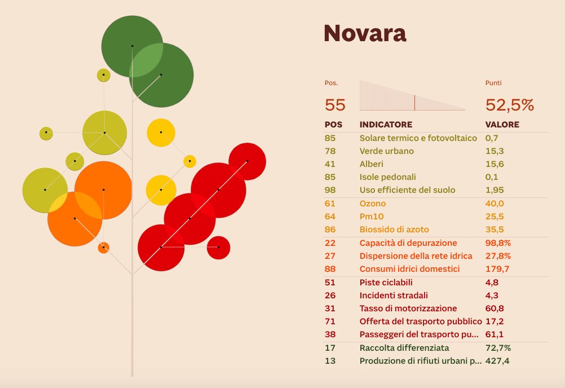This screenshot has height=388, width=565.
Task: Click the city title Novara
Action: pyautogui.click(x=365, y=33)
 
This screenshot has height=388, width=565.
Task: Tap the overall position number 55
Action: pyautogui.click(x=335, y=105)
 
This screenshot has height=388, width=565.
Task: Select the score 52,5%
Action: pyautogui.click(x=510, y=105)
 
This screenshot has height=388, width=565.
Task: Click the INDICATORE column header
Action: pyautogui.click(x=386, y=125)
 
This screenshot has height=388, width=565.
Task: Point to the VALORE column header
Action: pyautogui.click(x=502, y=125)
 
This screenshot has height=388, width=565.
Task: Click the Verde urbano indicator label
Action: pyautogui.click(x=387, y=151)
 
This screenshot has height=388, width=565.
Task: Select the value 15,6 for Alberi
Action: pyautogui.click(x=495, y=164)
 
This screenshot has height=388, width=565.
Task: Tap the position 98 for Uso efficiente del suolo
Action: pyautogui.click(x=330, y=190)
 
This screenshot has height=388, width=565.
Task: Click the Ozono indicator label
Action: pyautogui.click(x=373, y=204)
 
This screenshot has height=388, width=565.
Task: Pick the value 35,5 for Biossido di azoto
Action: pyautogui.click(x=495, y=230)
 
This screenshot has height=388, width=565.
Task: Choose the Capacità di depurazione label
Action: pyautogui.click(x=408, y=243)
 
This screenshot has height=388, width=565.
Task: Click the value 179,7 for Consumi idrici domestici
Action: pyautogui.click(x=497, y=269)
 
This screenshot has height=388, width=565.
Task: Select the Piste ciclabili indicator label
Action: pyautogui.click(x=386, y=283)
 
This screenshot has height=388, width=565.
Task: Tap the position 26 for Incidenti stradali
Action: pyautogui.click(x=330, y=296)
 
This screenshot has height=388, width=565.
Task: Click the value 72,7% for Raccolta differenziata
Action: pyautogui.click(x=498, y=348)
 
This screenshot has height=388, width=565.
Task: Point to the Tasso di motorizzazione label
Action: pyautogui.click(x=408, y=308)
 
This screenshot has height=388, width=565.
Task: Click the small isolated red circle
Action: pyautogui.click(x=218, y=248)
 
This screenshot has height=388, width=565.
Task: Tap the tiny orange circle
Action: pyautogui.click(x=103, y=248)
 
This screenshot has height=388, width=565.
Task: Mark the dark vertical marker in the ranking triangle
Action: pyautogui.click(x=415, y=103)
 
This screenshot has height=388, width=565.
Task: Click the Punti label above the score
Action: pyautogui.click(x=493, y=83)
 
